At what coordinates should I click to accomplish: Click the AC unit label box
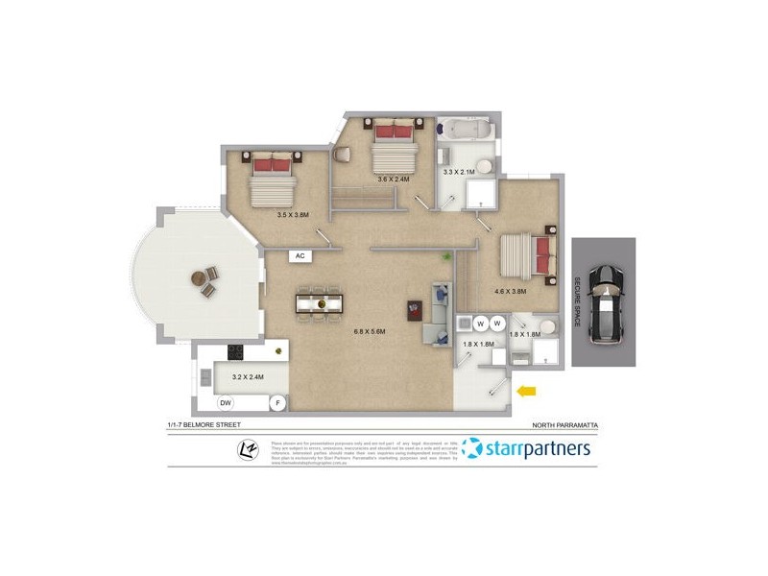click(x=300, y=256)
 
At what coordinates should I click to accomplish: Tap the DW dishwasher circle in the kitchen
click(x=227, y=402)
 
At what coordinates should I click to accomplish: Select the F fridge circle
click(x=277, y=402)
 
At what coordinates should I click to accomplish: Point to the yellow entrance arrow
click(x=526, y=391)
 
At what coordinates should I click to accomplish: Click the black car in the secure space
click(x=604, y=302)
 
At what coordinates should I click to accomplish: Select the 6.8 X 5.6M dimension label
click(x=369, y=332)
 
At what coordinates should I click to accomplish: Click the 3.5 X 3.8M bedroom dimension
click(x=292, y=215)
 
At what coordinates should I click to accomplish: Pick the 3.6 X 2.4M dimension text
click(x=393, y=179)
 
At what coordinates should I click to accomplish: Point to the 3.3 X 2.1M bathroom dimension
click(x=458, y=172)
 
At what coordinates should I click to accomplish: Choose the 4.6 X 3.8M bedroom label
click(x=510, y=291)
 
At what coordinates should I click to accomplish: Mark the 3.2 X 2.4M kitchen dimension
click(x=248, y=377)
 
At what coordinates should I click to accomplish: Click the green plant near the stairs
click(x=444, y=258)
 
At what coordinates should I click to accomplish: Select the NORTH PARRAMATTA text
click(x=564, y=423)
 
